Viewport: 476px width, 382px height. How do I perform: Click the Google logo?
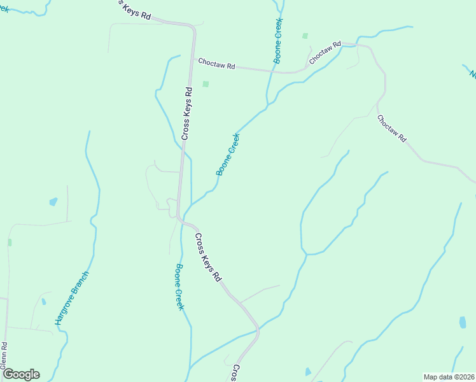click(21, 374)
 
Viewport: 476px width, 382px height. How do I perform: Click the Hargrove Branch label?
click(71, 298)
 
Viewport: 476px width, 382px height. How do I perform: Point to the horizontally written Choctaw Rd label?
click(216, 64)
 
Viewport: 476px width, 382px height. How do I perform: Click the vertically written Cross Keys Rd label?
click(186, 113)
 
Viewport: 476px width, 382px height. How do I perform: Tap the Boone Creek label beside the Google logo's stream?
click(180, 286)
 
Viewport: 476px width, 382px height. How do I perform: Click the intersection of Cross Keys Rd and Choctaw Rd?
click(192, 60)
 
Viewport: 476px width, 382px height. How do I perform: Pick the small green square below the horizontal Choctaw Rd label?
click(206, 84)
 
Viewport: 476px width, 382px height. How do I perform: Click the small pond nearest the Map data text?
click(463, 323)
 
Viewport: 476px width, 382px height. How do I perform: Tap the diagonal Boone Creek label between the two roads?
click(228, 154)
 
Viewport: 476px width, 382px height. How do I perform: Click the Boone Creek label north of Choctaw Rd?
click(278, 40)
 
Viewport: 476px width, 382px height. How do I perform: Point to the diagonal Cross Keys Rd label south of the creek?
click(207, 258)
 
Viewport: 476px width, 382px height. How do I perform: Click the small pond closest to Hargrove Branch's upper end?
click(53, 202)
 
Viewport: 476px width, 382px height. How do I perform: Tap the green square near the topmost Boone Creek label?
click(305, 36)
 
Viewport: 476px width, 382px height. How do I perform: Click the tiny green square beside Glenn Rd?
click(10, 243)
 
